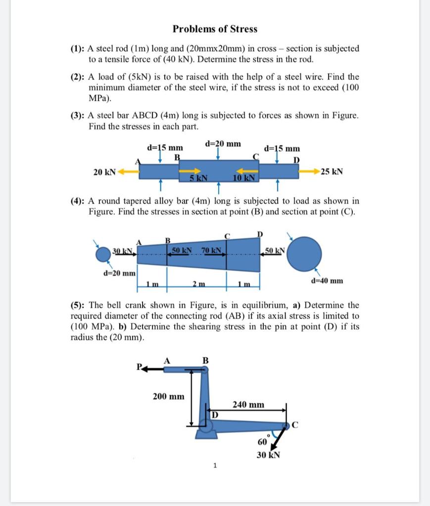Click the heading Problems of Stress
coord(215,29)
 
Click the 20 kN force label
coord(104,172)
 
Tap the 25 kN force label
coord(332,172)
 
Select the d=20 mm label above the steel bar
coord(223,144)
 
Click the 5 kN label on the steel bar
coord(198,178)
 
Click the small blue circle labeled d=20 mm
coord(103,255)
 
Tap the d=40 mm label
coord(327,281)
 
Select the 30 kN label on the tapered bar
coord(123,251)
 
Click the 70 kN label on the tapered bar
coord(212,251)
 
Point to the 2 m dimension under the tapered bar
coord(197,284)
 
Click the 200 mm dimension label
coord(168,396)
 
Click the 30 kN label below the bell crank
coord(269,455)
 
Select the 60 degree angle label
coord(262,441)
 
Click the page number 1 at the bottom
coord(215,465)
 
